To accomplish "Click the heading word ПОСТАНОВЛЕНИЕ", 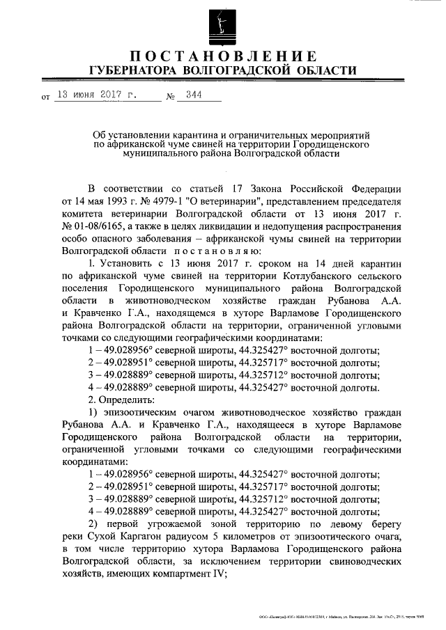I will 222,56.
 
